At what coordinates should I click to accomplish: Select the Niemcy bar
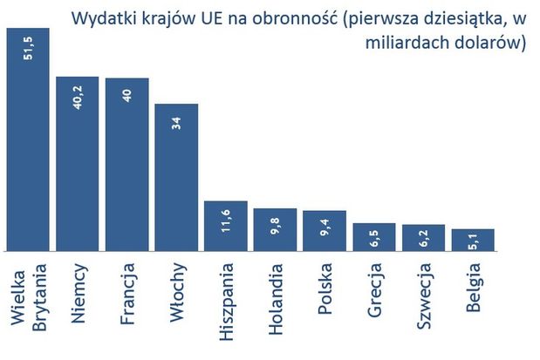(78, 166)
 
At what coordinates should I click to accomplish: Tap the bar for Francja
(127, 166)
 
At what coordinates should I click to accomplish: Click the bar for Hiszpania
(226, 227)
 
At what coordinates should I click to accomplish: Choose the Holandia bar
(275, 230)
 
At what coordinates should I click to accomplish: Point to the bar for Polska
(325, 231)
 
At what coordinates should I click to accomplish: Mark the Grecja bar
(374, 237)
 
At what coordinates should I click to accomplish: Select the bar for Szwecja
(423, 238)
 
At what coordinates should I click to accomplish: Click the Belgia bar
(473, 240)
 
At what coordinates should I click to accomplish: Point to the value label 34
(177, 123)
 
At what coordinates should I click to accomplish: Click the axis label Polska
(325, 287)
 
